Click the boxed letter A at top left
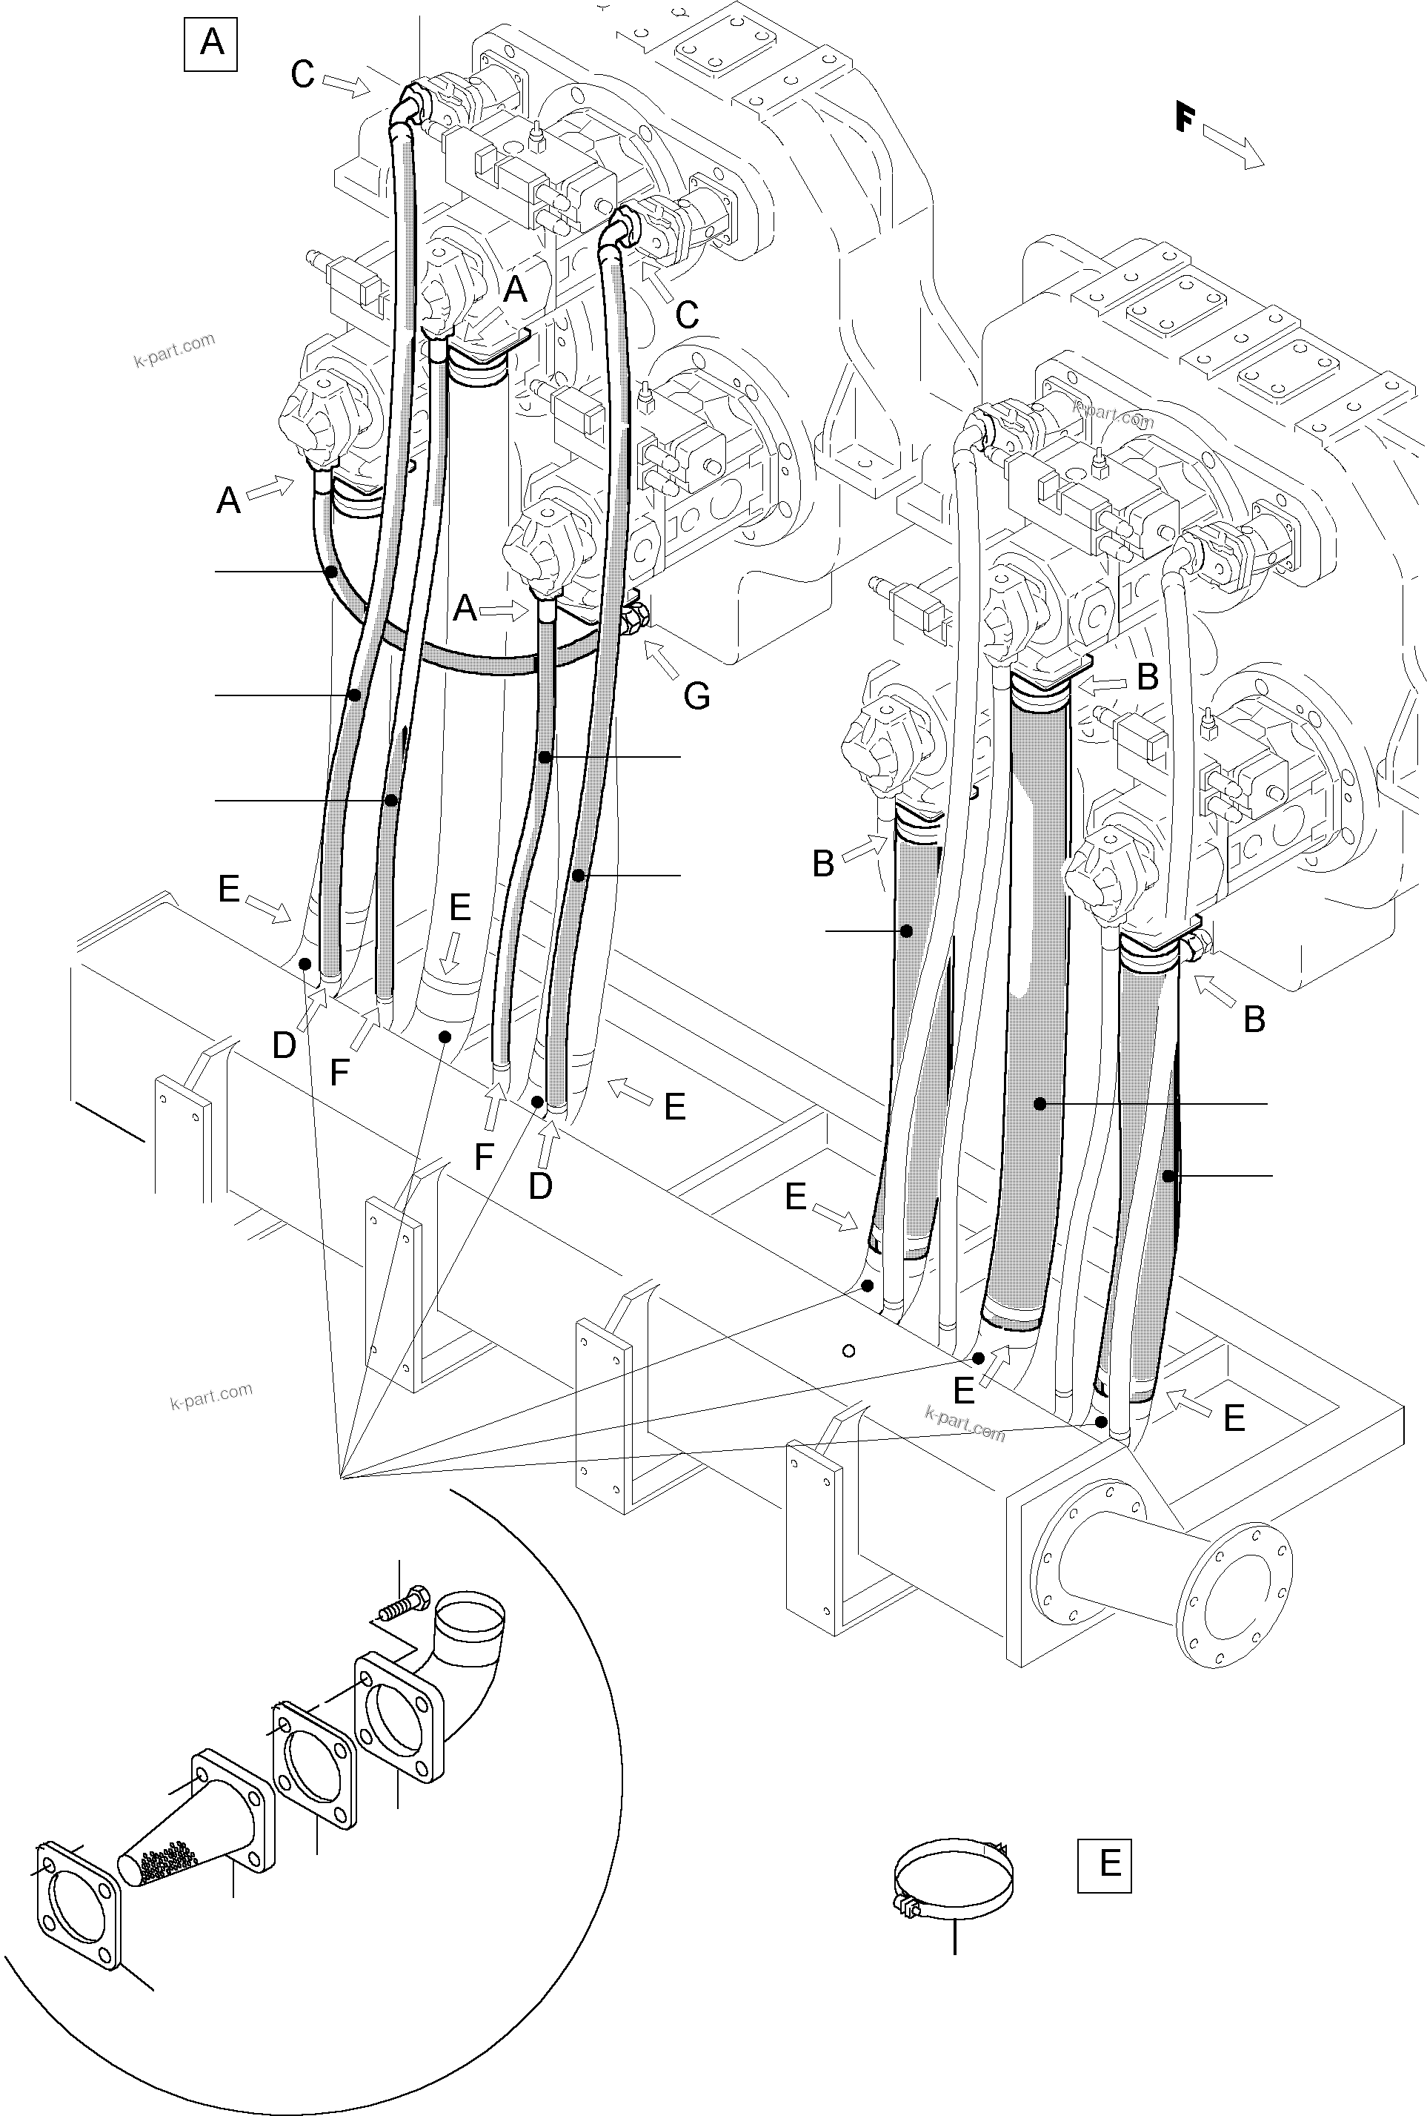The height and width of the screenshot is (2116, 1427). coord(210,43)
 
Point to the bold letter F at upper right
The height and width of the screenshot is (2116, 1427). coord(1183,117)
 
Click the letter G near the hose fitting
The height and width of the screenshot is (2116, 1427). coord(696,696)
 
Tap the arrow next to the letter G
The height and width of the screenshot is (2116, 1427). coord(661,660)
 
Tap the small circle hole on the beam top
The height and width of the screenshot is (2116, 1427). coord(848,1351)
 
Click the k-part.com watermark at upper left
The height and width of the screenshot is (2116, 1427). coord(175,350)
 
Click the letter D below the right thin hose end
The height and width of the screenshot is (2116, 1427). coord(541,1186)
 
